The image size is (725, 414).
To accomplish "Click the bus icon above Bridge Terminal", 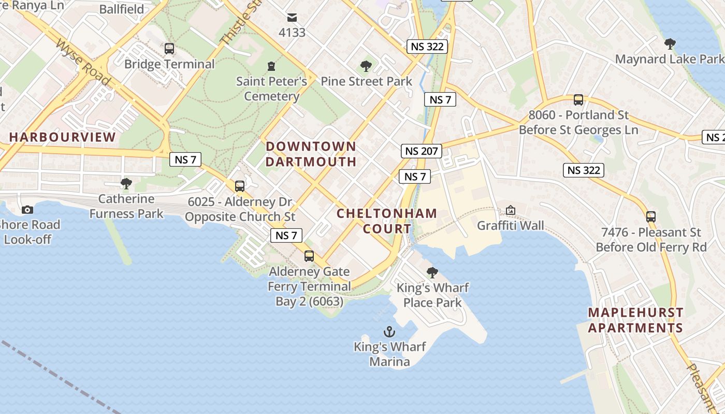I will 169,49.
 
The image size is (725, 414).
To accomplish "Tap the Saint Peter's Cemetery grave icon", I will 271,66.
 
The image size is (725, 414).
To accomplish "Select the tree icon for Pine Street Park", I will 366,66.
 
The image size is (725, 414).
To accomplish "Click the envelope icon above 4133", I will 292,17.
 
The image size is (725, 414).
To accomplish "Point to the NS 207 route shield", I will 422,151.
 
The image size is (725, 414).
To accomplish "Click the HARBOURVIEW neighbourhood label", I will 62,137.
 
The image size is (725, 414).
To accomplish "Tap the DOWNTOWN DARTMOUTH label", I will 311,154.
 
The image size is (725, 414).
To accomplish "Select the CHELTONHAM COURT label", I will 387,220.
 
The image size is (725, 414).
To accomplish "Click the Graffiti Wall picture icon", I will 511,211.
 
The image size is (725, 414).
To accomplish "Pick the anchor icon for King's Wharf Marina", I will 389,332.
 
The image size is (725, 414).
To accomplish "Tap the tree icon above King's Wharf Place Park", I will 432,272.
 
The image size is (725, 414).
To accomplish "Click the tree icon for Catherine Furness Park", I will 126,183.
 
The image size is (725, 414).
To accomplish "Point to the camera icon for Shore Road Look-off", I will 27,210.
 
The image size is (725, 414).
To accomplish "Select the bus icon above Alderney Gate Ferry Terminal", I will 309,256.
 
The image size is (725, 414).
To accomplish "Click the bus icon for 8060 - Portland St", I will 578,100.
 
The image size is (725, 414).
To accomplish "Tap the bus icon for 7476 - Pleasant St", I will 651,217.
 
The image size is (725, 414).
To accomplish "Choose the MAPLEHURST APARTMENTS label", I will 635,320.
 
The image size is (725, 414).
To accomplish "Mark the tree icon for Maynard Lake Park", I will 670,43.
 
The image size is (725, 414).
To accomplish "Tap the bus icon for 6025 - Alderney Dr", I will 239,186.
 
